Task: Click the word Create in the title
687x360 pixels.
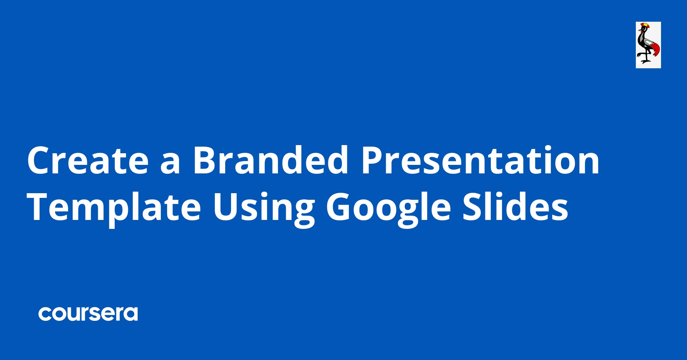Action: tap(88, 160)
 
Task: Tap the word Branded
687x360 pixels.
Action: tap(271, 159)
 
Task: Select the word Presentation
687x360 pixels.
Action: tap(480, 160)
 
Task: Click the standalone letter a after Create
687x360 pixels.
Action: tap(171, 163)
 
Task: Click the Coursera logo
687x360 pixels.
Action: tap(88, 314)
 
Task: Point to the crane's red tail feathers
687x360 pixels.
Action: tap(655, 50)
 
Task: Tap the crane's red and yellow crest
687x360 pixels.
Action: tap(644, 26)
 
